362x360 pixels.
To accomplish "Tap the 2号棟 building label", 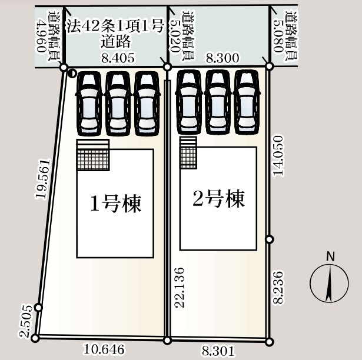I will (218, 199).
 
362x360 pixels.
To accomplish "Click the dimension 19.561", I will (41, 179).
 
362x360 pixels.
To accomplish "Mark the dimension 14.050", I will (278, 155).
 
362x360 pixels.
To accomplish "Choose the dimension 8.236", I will (279, 287).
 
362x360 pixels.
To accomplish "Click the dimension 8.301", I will (218, 351).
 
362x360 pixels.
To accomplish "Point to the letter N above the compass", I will (330, 256).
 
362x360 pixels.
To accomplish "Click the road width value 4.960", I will (41, 35).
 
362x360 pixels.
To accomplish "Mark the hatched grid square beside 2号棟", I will (188, 156).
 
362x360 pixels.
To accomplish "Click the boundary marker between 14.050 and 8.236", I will (270, 239).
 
